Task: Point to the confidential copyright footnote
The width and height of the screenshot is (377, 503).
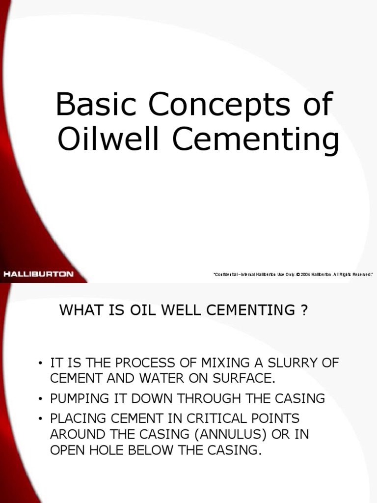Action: pyautogui.click(x=293, y=275)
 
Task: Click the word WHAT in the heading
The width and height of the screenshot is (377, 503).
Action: pyautogui.click(x=79, y=311)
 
